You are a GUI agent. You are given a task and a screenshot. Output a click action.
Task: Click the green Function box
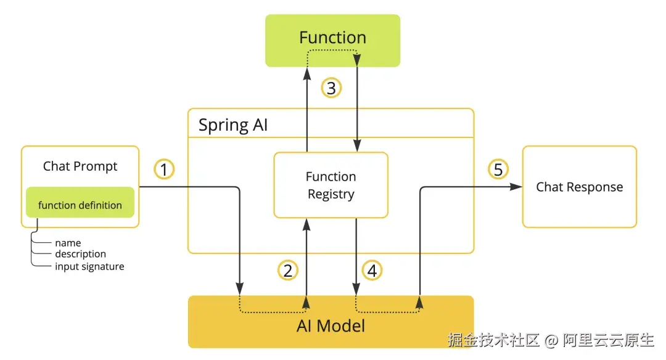[332, 40]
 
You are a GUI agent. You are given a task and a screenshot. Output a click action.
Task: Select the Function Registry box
[331, 185]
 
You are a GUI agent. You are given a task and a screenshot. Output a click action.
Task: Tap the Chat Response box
[579, 187]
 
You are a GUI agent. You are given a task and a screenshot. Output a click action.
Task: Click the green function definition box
[80, 202]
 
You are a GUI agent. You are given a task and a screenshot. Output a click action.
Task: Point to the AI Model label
[331, 326]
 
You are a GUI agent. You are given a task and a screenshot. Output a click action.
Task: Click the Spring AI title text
[232, 125]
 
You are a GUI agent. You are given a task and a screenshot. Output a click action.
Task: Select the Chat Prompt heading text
[80, 166]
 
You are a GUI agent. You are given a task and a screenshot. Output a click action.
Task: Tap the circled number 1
[164, 170]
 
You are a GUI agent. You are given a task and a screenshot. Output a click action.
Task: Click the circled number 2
[288, 271]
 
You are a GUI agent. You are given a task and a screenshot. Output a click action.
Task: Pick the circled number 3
[331, 88]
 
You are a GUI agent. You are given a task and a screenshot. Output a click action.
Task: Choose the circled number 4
[372, 271]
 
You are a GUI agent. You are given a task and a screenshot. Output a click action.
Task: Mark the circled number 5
[498, 170]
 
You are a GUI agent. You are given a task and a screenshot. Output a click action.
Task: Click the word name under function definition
[68, 243]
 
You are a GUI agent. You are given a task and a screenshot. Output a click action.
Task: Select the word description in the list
[81, 254]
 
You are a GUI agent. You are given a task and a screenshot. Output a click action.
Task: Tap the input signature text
[89, 266]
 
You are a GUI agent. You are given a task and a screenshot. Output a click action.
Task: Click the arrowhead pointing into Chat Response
[516, 187]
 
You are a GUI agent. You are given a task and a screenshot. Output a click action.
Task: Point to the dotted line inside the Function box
[332, 50]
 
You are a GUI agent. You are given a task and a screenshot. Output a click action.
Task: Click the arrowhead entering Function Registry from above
[357, 145]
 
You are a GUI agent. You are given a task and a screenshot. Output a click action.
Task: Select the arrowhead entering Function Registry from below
[306, 224]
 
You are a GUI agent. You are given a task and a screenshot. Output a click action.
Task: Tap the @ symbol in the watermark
[551, 340]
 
